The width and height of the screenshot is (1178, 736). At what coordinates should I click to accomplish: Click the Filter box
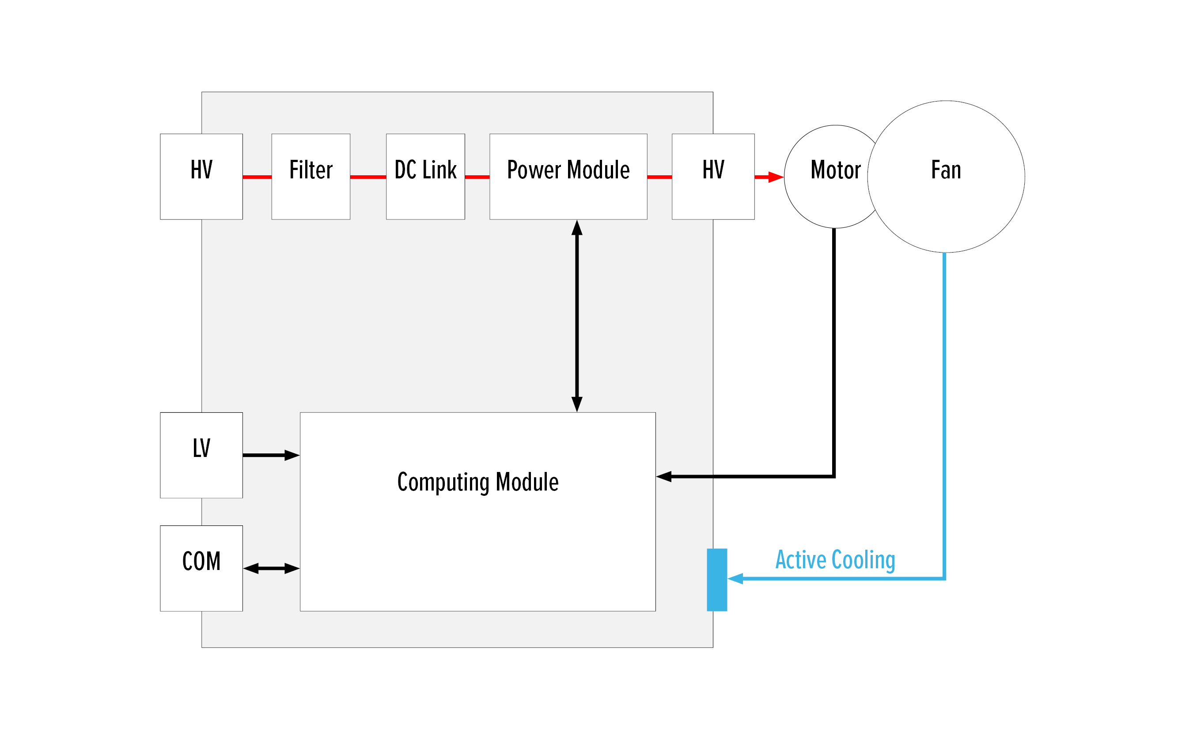(x=311, y=176)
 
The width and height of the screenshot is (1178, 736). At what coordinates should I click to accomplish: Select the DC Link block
(x=425, y=176)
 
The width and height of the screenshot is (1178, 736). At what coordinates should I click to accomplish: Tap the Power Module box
(x=568, y=176)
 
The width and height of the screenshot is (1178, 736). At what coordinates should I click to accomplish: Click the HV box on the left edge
(x=201, y=176)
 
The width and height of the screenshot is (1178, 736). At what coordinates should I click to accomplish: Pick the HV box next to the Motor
(x=713, y=176)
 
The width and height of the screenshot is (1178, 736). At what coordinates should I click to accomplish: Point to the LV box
(x=201, y=455)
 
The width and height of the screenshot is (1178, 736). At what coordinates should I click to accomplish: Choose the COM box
(x=201, y=568)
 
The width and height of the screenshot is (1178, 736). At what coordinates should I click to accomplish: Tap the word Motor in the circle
(x=835, y=170)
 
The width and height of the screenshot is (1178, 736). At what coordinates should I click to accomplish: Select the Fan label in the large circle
(x=946, y=170)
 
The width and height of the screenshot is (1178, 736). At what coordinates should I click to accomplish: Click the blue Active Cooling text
(x=835, y=559)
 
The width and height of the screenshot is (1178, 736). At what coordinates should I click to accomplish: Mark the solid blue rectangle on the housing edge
(x=717, y=579)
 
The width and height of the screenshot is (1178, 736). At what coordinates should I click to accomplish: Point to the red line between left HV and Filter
(x=257, y=177)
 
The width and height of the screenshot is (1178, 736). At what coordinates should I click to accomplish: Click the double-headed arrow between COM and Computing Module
(x=271, y=568)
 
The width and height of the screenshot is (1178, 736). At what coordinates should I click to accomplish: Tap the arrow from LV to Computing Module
(x=271, y=455)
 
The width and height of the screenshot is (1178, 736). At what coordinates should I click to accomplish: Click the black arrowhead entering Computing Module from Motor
(x=664, y=476)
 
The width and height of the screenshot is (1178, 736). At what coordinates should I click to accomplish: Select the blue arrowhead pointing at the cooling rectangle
(x=735, y=578)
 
